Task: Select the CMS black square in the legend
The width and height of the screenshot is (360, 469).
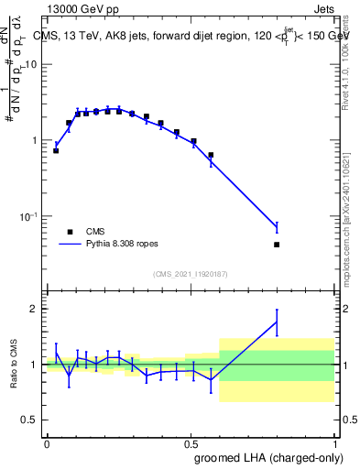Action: click(x=70, y=232)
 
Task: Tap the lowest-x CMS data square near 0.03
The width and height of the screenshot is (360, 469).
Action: click(x=56, y=150)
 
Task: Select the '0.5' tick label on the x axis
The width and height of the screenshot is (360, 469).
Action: click(x=191, y=442)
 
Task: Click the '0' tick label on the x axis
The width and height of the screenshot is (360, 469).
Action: click(x=47, y=442)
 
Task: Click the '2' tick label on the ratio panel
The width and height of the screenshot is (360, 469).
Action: click(x=36, y=309)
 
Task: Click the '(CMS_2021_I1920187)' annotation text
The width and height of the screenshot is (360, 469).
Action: click(x=191, y=274)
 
